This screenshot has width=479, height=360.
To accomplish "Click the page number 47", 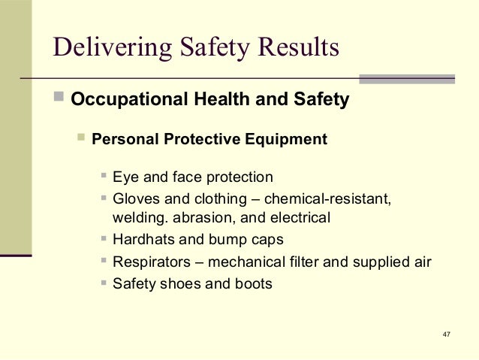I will click(447, 333).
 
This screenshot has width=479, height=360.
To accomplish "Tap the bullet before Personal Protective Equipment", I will click(81, 139).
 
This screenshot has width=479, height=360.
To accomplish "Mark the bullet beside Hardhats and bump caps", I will click(104, 241).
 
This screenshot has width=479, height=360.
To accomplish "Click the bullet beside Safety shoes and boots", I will click(104, 284).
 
